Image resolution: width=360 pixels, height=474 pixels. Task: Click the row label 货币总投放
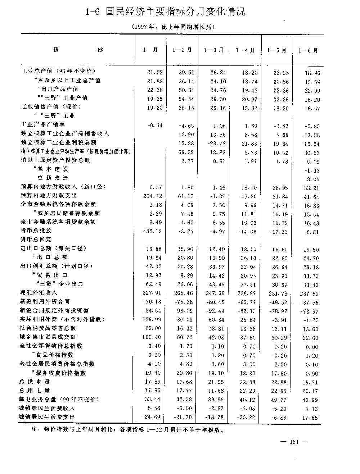(x=36, y=231)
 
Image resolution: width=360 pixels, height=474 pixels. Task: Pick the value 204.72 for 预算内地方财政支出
(x=152, y=197)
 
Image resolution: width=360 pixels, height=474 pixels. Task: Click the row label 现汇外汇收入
(x=39, y=293)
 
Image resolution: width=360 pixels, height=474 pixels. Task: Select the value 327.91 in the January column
(x=153, y=293)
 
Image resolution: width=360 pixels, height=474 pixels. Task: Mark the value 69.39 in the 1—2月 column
(x=186, y=152)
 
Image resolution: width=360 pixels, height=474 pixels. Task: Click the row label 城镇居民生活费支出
(x=47, y=417)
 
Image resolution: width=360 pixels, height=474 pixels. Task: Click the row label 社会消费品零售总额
(x=48, y=328)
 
